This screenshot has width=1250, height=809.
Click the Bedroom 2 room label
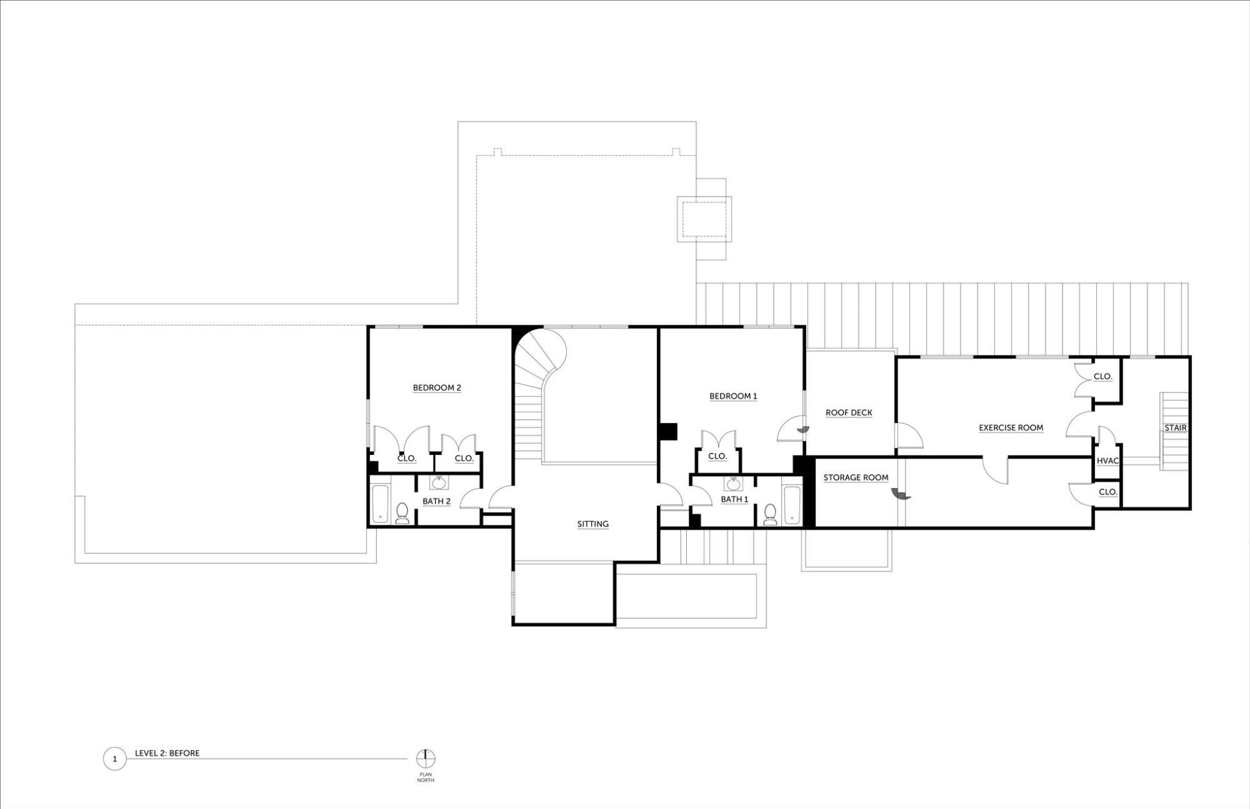click(x=437, y=388)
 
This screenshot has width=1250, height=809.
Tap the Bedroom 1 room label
click(x=733, y=396)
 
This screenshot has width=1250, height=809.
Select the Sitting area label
click(x=593, y=524)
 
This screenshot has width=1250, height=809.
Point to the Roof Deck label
click(x=849, y=413)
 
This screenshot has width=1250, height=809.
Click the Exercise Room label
click(x=1011, y=428)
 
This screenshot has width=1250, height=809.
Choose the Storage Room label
click(x=856, y=477)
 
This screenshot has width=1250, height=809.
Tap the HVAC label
click(x=1108, y=461)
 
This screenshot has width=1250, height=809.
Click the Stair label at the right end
click(x=1175, y=428)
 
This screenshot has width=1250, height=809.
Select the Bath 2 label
click(x=436, y=501)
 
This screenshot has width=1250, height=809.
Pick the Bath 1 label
click(x=735, y=500)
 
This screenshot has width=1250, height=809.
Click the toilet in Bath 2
click(x=402, y=514)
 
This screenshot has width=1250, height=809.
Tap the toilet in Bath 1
click(x=770, y=515)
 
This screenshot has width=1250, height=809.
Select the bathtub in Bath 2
click(x=380, y=504)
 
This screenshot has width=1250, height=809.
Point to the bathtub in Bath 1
click(x=792, y=505)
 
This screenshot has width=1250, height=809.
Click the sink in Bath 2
click(x=439, y=482)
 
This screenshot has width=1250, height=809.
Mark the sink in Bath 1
click(x=733, y=483)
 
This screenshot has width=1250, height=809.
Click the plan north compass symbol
click(x=426, y=759)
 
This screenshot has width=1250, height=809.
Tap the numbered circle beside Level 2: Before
click(x=115, y=759)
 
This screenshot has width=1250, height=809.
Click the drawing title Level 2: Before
click(x=167, y=753)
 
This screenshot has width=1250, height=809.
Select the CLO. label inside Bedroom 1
click(x=717, y=456)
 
